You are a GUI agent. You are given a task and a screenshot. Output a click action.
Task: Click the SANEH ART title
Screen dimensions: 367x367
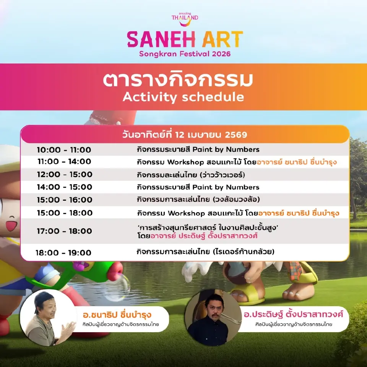click(x=185, y=39)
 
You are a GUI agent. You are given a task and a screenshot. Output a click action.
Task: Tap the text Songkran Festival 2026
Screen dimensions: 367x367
click(x=184, y=54)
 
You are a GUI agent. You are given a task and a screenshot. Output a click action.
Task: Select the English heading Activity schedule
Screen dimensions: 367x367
click(x=183, y=97)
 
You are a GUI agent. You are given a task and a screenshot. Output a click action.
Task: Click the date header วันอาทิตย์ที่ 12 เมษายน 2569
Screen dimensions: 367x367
click(x=185, y=135)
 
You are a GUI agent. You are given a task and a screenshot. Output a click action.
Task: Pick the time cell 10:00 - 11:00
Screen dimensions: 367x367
click(x=64, y=149)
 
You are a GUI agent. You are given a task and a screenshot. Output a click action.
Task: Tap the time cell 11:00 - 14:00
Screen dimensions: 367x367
click(x=64, y=162)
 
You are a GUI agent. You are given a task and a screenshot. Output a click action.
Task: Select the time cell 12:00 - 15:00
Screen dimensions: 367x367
click(x=65, y=174)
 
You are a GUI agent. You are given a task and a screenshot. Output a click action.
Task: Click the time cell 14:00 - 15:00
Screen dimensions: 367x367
click(x=65, y=187)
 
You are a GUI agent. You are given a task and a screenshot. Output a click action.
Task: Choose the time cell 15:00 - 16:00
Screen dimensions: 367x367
click(x=65, y=200)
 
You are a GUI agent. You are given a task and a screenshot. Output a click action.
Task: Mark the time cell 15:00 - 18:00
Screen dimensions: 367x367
click(x=65, y=213)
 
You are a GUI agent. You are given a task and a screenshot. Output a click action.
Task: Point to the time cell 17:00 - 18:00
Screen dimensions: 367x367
click(x=65, y=231)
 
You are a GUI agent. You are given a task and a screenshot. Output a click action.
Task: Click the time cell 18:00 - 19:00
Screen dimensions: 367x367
click(x=63, y=253)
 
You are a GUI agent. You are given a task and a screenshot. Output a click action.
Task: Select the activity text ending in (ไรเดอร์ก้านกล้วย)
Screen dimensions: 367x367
click(x=206, y=252)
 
